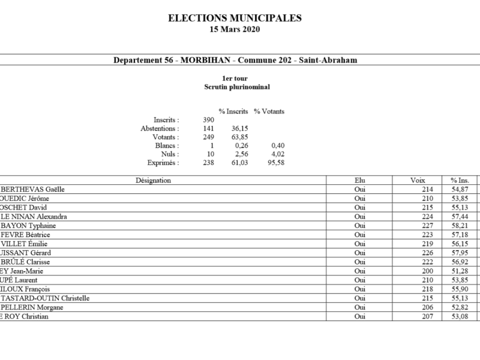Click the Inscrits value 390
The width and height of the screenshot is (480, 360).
pos(209,120)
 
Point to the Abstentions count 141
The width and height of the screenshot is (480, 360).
pos(209,128)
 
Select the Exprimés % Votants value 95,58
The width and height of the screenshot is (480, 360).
pos(275,163)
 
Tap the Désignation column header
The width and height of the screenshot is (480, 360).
pos(154,180)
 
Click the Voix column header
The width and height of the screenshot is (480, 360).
pos(418,180)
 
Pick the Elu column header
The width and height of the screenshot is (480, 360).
pos(359,180)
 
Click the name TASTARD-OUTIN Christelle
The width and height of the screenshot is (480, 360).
pos(46,298)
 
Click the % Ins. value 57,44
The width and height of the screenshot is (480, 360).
pos(459,217)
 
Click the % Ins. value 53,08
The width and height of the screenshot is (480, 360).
pos(459,316)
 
